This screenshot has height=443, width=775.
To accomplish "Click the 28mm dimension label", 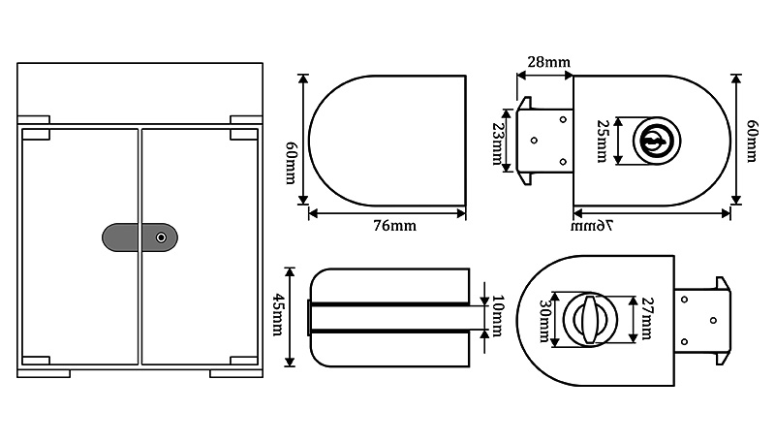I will point(548,63).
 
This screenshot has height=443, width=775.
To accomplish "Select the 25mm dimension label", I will point(602,142).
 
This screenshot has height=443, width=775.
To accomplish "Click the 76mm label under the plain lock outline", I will point(394,226).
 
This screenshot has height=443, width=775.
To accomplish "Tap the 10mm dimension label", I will point(498,316).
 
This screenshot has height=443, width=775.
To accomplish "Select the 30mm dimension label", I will point(542,317).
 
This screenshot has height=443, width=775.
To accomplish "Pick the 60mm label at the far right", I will point(751,141).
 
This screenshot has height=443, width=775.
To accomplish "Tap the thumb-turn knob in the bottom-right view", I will point(589,317).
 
